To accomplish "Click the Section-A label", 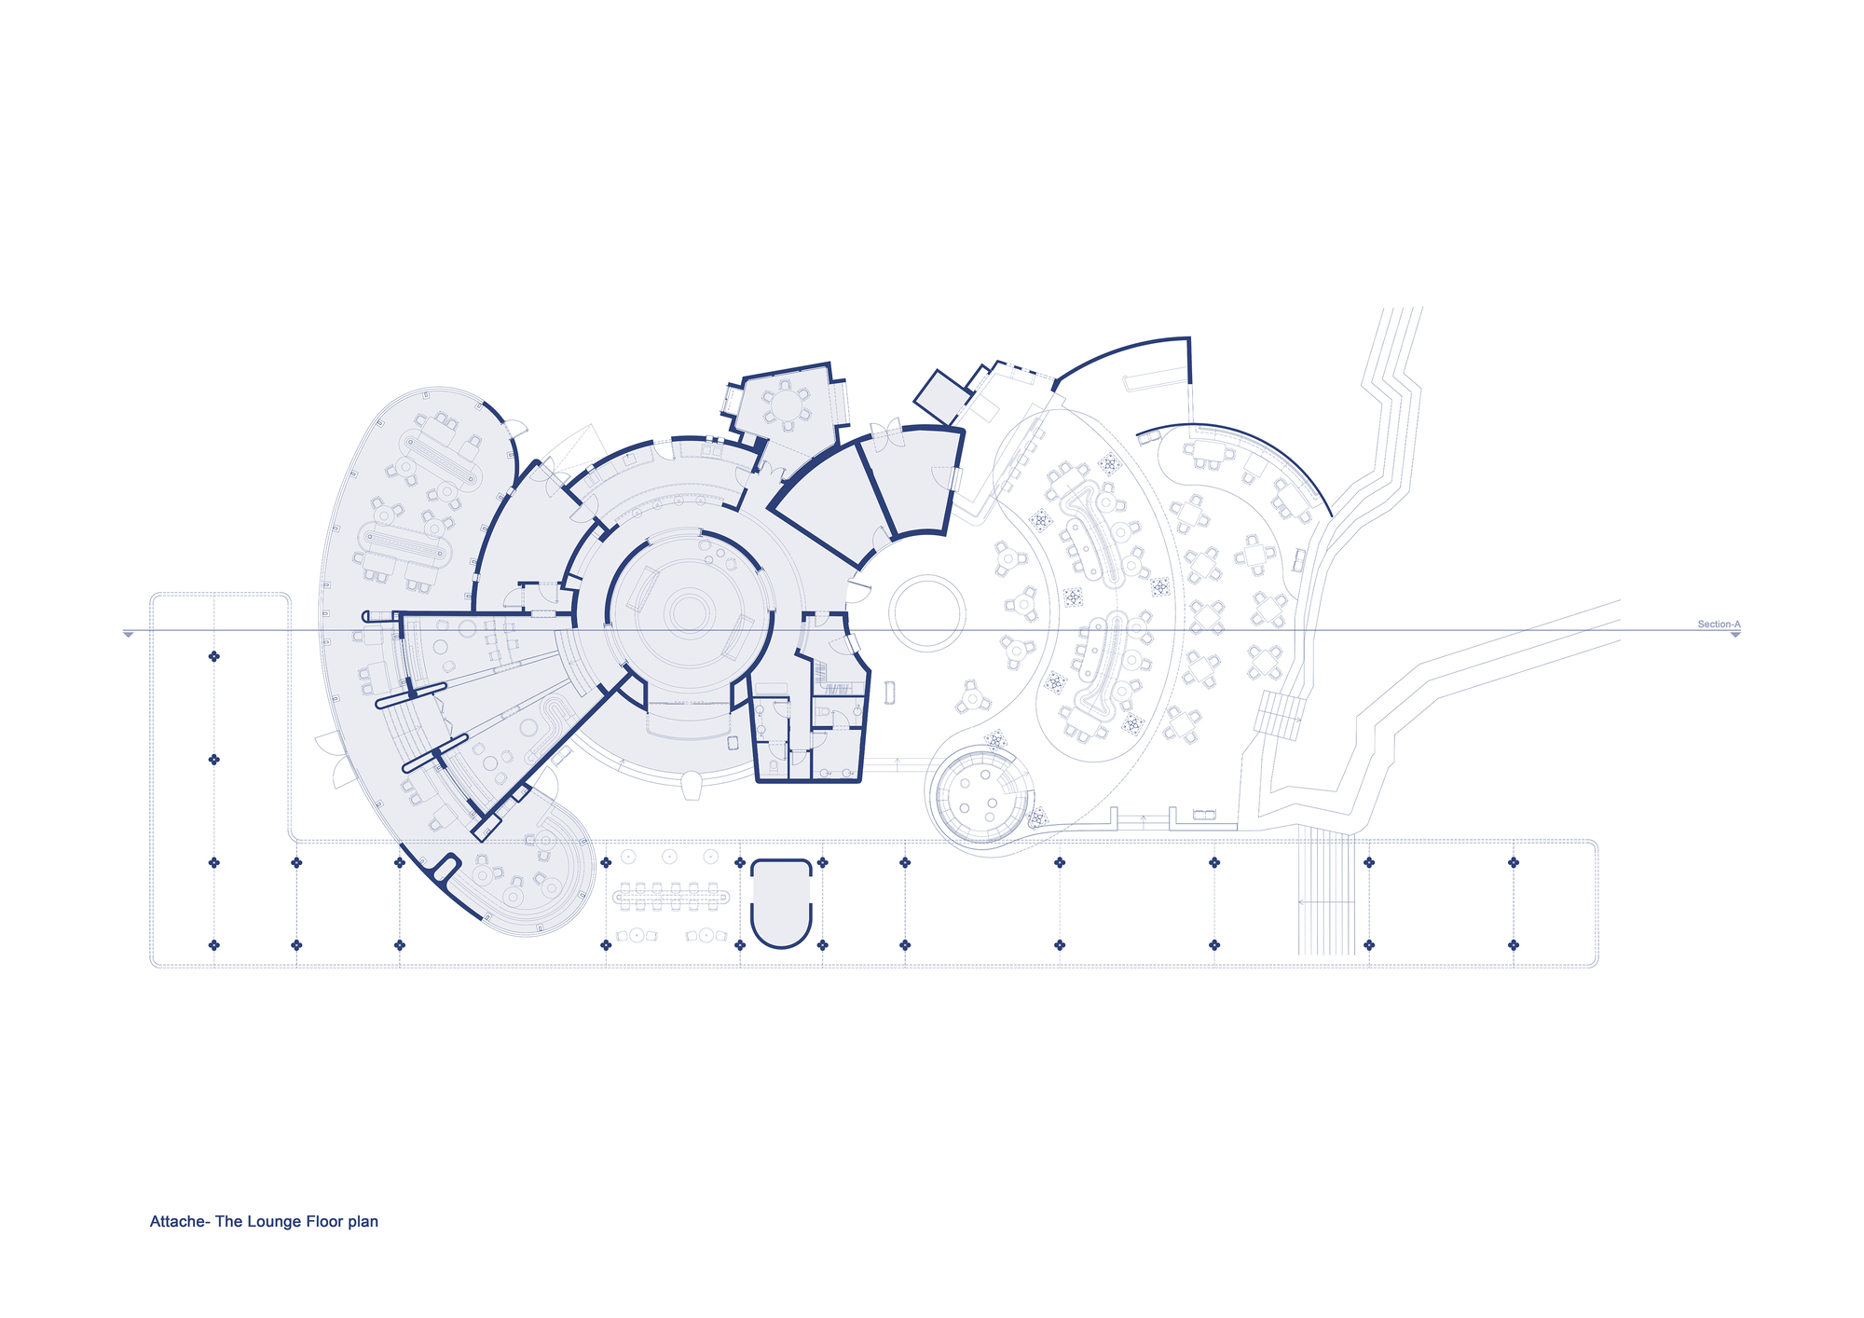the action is pos(1719,625).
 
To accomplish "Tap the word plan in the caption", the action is pos(363,1222).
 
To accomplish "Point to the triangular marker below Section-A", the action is pos(1735,635).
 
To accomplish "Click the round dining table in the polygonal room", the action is pos(787,405).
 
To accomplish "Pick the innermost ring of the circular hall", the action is pos(689,612).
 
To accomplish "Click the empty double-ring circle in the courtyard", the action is pos(926,612).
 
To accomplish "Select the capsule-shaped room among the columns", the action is pos(781,903).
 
